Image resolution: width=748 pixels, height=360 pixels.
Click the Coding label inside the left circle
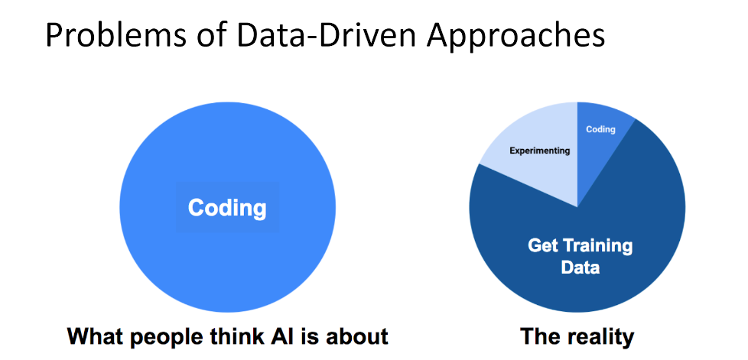(227, 207)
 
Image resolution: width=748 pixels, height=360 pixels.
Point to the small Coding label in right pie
(600, 129)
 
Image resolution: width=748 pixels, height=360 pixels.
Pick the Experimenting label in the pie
(540, 151)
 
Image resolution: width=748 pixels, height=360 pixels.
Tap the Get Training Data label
(581, 257)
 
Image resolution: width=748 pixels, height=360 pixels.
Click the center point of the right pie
(577, 206)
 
